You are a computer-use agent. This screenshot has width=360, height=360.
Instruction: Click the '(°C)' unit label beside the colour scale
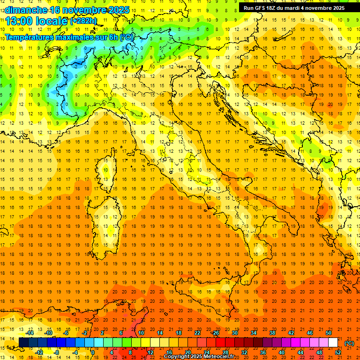pos(349,343)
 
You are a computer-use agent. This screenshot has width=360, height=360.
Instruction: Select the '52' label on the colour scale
pos(338,352)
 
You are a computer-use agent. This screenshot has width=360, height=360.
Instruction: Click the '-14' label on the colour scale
pos(30,333)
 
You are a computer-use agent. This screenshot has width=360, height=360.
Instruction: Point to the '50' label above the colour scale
pos(329,333)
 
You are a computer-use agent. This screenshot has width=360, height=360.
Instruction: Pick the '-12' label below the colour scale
pos(39,352)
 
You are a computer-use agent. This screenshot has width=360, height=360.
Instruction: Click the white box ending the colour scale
pos(333,343)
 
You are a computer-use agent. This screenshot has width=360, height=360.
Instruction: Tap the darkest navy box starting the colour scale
pos(23,343)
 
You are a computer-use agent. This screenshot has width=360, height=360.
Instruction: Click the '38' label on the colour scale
pos(272,333)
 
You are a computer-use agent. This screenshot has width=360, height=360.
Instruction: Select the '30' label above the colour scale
pos(235,333)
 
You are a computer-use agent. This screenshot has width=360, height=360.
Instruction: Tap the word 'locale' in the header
pos(53,21)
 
